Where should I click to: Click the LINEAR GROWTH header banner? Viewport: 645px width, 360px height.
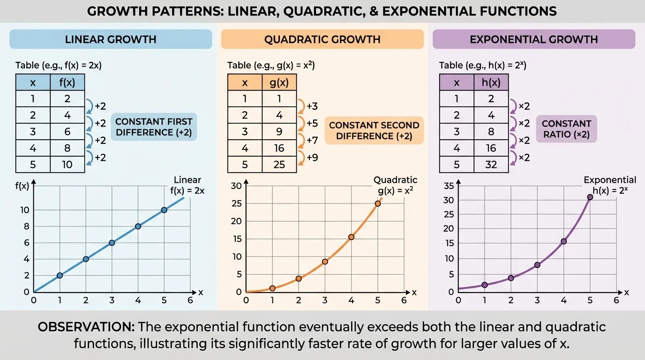click(x=111, y=39)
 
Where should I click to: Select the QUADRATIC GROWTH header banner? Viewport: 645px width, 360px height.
click(x=322, y=39)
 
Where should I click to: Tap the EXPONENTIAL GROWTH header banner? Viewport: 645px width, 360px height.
click(x=533, y=39)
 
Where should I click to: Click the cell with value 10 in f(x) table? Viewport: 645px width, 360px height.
click(x=67, y=165)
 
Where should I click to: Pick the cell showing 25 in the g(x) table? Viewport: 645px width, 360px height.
click(x=279, y=165)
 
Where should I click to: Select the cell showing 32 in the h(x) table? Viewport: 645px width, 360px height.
click(x=491, y=165)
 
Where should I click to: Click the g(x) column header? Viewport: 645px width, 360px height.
click(x=279, y=83)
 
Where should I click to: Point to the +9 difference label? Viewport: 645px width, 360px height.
click(x=312, y=157)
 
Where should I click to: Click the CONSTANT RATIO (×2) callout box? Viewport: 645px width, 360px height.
click(x=566, y=129)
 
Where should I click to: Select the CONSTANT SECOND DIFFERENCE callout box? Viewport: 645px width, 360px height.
click(x=374, y=131)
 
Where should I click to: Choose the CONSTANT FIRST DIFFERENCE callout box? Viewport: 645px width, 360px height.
click(x=154, y=127)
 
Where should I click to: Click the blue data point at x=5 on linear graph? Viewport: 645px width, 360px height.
click(x=164, y=210)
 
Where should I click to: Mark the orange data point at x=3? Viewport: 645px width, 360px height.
click(x=325, y=262)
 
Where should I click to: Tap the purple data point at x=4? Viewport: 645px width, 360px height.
click(x=563, y=241)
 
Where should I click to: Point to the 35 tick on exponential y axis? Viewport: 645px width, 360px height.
click(x=449, y=186)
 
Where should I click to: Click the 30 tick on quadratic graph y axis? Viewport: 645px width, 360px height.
click(x=236, y=186)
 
